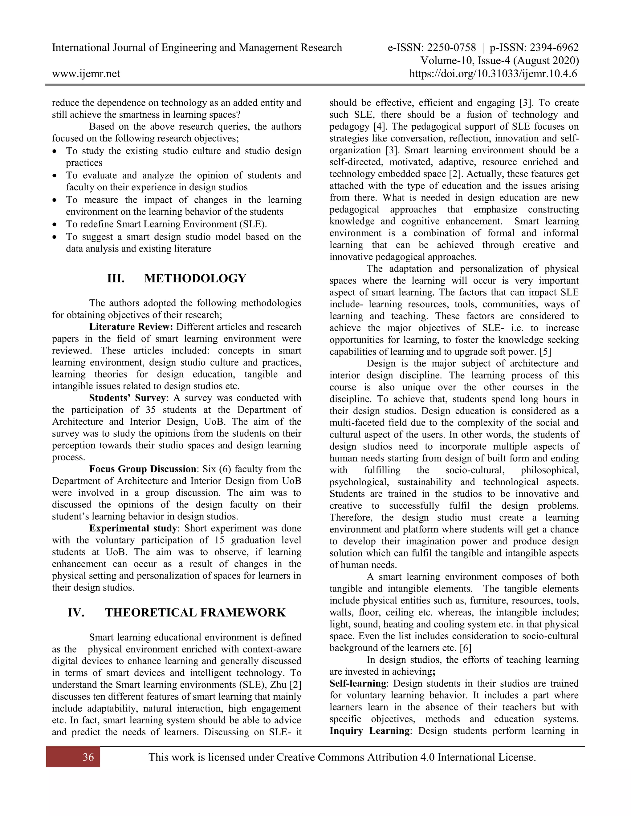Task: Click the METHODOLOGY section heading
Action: click(195, 278)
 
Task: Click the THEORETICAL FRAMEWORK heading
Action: click(195, 613)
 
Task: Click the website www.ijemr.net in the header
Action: click(86, 74)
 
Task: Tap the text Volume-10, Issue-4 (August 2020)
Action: click(499, 61)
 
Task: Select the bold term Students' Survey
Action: click(127, 398)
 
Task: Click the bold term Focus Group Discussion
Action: click(142, 469)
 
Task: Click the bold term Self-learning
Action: click(358, 683)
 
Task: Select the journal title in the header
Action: click(197, 47)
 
